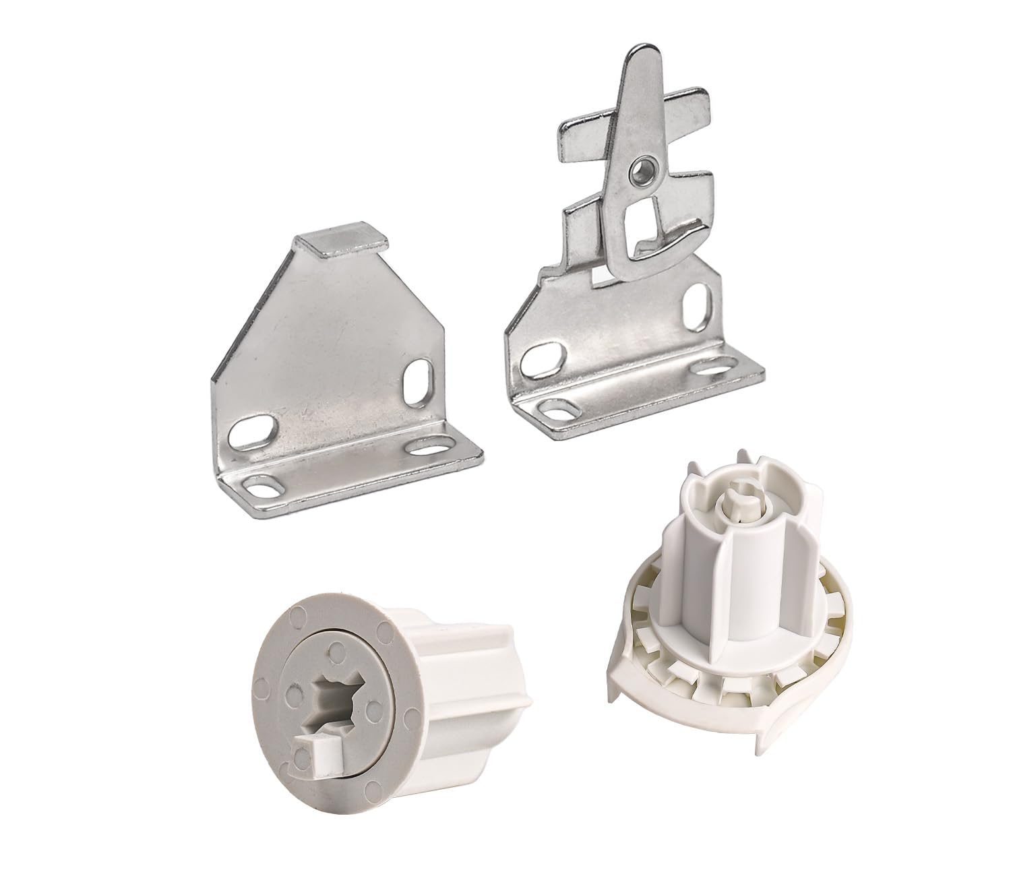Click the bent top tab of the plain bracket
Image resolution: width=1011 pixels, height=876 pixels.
[x=344, y=245]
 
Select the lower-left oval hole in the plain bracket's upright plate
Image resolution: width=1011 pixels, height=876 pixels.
[x=253, y=432]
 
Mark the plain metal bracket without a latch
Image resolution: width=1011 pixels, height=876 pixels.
[x=337, y=377]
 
